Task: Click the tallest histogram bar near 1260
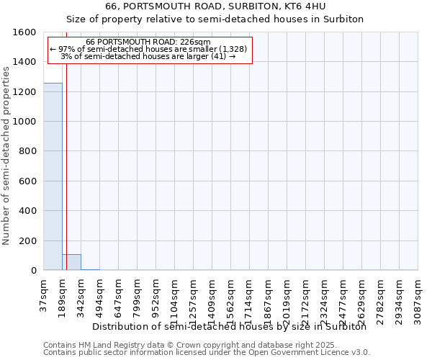pyautogui.click(x=53, y=176)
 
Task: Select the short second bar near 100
pyautogui.click(x=71, y=262)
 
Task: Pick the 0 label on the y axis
pyautogui.click(x=33, y=271)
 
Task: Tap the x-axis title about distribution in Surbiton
pyautogui.click(x=230, y=326)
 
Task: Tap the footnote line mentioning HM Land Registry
pyautogui.click(x=205, y=345)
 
